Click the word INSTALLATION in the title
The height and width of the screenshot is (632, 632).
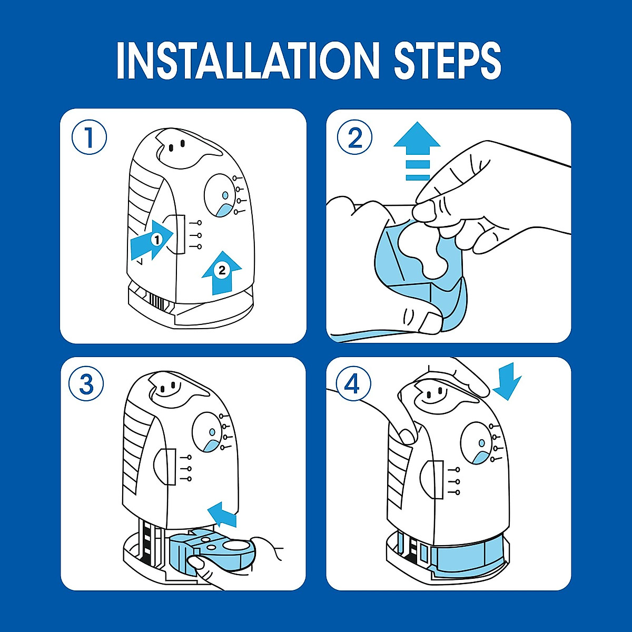[x=245, y=61]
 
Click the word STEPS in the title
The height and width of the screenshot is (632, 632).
[x=447, y=61]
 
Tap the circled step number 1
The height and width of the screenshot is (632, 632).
[x=89, y=138]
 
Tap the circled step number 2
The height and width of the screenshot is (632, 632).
[x=354, y=138]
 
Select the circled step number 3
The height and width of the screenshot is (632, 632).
[x=86, y=384]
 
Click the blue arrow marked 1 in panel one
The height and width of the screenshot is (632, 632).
[x=152, y=240]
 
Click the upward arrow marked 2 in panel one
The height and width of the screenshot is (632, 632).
[x=222, y=273]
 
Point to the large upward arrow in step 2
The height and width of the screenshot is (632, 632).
[x=417, y=151]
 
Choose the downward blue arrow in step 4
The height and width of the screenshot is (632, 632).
[x=507, y=381]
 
